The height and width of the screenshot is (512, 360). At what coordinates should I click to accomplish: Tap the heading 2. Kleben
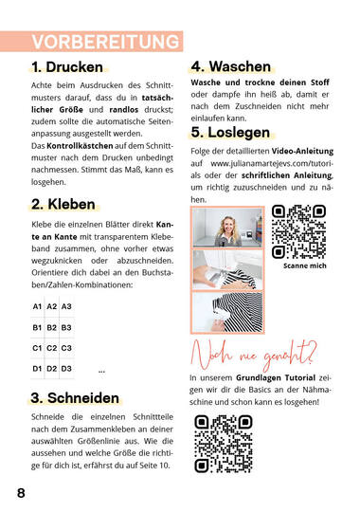[x=63, y=204]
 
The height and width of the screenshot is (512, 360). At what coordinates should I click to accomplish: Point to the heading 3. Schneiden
[x=75, y=396]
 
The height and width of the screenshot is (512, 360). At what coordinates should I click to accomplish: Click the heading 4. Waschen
[x=231, y=67]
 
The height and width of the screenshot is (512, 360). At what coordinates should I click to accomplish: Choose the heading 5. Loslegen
[x=230, y=132]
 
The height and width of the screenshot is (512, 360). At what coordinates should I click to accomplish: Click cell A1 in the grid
[x=38, y=307]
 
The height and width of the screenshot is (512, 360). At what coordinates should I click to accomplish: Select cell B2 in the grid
[x=52, y=327]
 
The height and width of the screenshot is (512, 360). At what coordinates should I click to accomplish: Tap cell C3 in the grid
[x=66, y=348]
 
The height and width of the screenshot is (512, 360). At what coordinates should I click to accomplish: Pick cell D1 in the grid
[x=38, y=369]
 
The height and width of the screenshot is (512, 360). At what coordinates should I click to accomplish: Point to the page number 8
[x=21, y=493]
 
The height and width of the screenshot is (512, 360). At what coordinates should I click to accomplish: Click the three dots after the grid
[x=101, y=370]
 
